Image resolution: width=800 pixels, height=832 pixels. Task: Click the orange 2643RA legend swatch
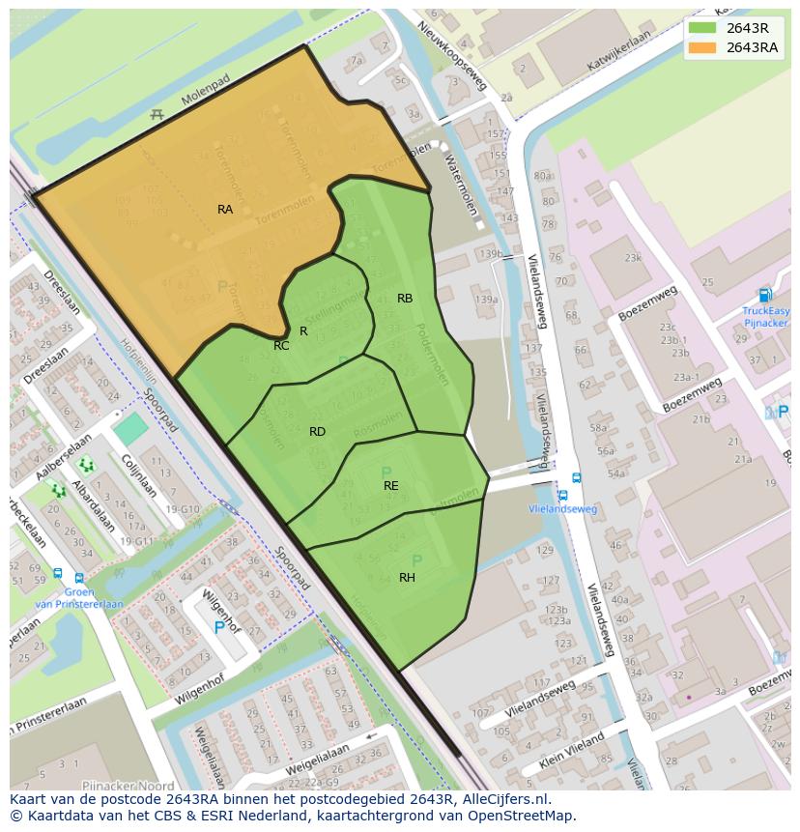[x=702, y=48]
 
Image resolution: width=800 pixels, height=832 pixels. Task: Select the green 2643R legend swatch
[x=702, y=28]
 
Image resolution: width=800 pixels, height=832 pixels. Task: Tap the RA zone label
[x=225, y=209]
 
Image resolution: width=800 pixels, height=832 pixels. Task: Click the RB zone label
[x=405, y=299]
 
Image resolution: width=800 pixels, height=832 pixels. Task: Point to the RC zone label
[x=281, y=346]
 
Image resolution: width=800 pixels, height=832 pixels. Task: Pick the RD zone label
[x=317, y=432]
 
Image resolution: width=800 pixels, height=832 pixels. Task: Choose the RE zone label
[x=390, y=486]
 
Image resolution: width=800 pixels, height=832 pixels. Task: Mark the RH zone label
[x=407, y=578]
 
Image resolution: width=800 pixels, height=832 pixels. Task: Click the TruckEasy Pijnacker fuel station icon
[x=765, y=296]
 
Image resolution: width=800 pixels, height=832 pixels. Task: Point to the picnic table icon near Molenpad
[x=157, y=115]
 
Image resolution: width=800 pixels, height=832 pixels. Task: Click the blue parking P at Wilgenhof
[x=219, y=627]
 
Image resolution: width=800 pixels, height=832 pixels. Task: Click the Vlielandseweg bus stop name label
[x=563, y=509]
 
